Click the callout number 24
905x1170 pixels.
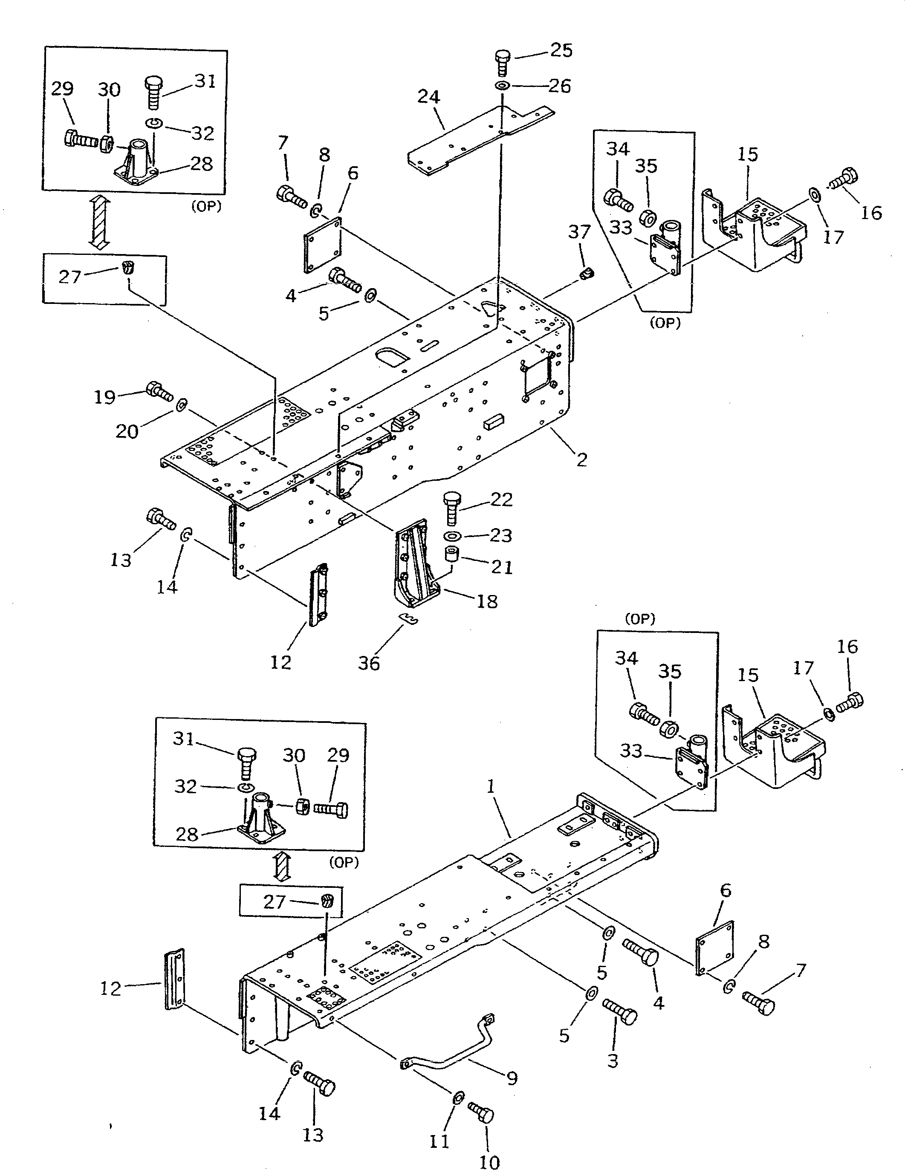(429, 97)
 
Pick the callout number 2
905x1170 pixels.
(582, 459)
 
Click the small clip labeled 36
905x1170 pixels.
(410, 619)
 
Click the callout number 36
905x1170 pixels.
(369, 664)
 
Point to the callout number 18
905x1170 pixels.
(487, 601)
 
